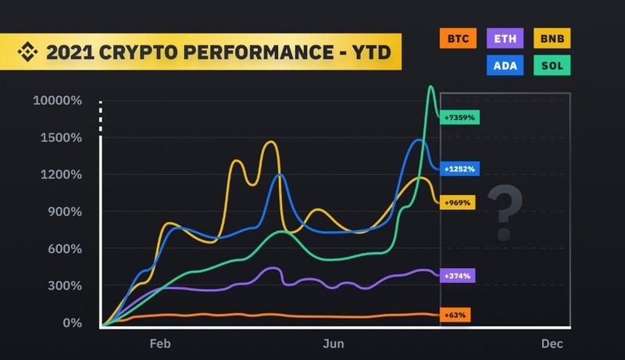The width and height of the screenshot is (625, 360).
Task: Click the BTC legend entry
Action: point(459,37)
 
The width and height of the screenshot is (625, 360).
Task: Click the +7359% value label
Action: point(460,117)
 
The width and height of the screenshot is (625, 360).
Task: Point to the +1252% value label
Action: point(460,168)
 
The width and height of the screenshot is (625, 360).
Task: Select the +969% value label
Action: point(459,203)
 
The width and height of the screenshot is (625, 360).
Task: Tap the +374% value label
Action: point(459,276)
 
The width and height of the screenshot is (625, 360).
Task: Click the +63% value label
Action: point(456,315)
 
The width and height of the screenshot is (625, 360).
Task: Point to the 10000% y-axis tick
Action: point(57,101)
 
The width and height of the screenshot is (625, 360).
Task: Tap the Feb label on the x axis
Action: point(159,344)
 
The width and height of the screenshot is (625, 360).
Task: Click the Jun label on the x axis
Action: point(334,344)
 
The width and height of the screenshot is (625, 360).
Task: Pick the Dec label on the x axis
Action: point(551,344)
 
